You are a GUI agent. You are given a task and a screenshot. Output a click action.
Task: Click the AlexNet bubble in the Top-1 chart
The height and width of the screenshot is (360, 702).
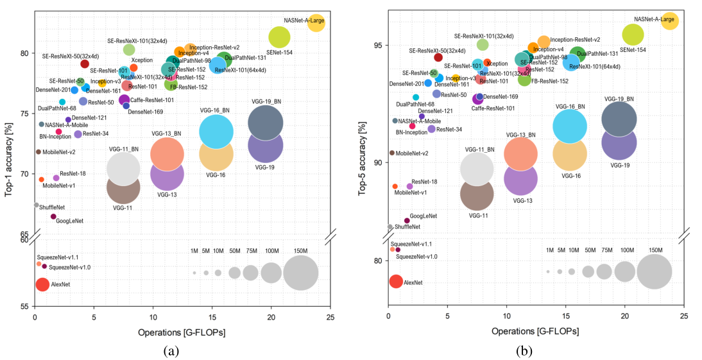[42, 284]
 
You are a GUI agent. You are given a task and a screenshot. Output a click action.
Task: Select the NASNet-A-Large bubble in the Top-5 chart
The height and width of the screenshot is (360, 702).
[669, 21]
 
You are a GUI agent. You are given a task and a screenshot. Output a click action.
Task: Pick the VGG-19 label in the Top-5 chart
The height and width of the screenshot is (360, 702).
[620, 166]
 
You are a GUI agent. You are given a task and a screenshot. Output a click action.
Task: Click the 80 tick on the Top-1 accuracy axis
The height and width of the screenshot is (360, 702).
[26, 53]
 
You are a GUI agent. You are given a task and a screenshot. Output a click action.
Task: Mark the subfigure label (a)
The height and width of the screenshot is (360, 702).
[171, 350]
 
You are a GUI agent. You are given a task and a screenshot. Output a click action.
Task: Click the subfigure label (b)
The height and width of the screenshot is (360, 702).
[527, 350]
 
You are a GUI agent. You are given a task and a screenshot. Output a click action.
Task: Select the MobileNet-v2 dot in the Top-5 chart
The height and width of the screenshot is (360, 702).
[391, 153]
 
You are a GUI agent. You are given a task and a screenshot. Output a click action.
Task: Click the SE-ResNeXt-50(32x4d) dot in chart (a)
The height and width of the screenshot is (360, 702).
[85, 64]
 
